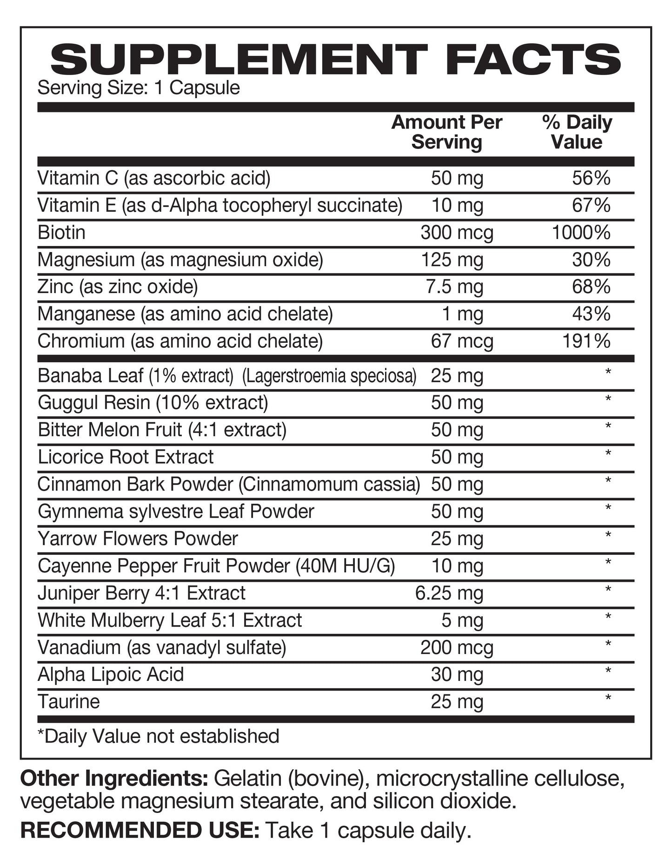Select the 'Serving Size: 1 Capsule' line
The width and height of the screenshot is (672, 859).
[139, 88]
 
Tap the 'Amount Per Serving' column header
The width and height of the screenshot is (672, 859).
[446, 132]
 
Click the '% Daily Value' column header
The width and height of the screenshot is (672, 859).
[577, 132]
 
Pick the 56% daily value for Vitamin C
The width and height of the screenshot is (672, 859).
[591, 178]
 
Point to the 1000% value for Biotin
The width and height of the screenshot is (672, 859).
[581, 233]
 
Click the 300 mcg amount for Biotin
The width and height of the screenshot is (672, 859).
[457, 233]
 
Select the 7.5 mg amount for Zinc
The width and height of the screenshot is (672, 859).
[454, 287]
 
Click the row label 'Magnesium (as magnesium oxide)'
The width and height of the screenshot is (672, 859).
[180, 260]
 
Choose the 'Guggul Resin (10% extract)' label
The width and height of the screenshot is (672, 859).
[153, 403]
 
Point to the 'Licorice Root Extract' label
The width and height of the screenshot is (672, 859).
[126, 457]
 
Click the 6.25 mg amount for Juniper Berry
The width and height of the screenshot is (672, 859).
[449, 593]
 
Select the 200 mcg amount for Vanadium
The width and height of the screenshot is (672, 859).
[457, 648]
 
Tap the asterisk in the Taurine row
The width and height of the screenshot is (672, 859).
[608, 698]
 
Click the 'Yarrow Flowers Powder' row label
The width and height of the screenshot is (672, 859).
[138, 539]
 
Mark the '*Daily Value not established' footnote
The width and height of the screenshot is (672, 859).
[158, 736]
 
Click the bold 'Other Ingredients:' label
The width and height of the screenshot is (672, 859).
[114, 779]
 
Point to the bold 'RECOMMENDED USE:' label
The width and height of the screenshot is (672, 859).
[140, 831]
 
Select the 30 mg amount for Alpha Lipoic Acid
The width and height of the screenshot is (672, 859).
[457, 675]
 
